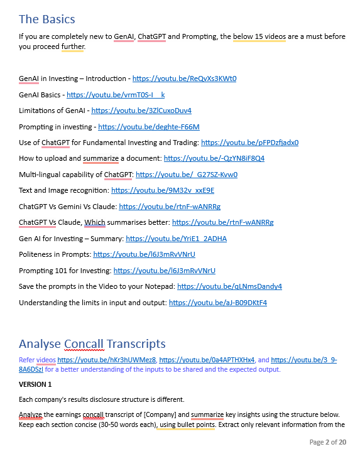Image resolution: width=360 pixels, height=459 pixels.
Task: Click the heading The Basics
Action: (47, 19)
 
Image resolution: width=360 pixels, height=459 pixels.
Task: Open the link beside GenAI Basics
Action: (116, 95)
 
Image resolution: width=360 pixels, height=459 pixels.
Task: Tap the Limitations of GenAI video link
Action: (141, 111)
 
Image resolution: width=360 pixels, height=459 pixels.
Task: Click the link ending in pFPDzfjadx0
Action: (250, 143)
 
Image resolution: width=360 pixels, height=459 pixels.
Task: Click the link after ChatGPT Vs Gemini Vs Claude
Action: (170, 207)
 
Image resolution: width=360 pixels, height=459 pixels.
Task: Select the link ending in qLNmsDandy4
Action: (229, 286)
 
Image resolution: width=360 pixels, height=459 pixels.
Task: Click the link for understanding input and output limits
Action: (218, 303)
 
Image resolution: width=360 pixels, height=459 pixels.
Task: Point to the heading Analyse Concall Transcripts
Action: (92, 343)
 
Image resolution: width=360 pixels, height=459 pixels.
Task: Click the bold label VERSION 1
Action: (35, 384)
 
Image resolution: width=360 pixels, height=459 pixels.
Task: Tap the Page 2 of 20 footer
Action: (327, 443)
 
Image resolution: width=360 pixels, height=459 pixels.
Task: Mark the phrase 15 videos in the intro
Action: (259, 36)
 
